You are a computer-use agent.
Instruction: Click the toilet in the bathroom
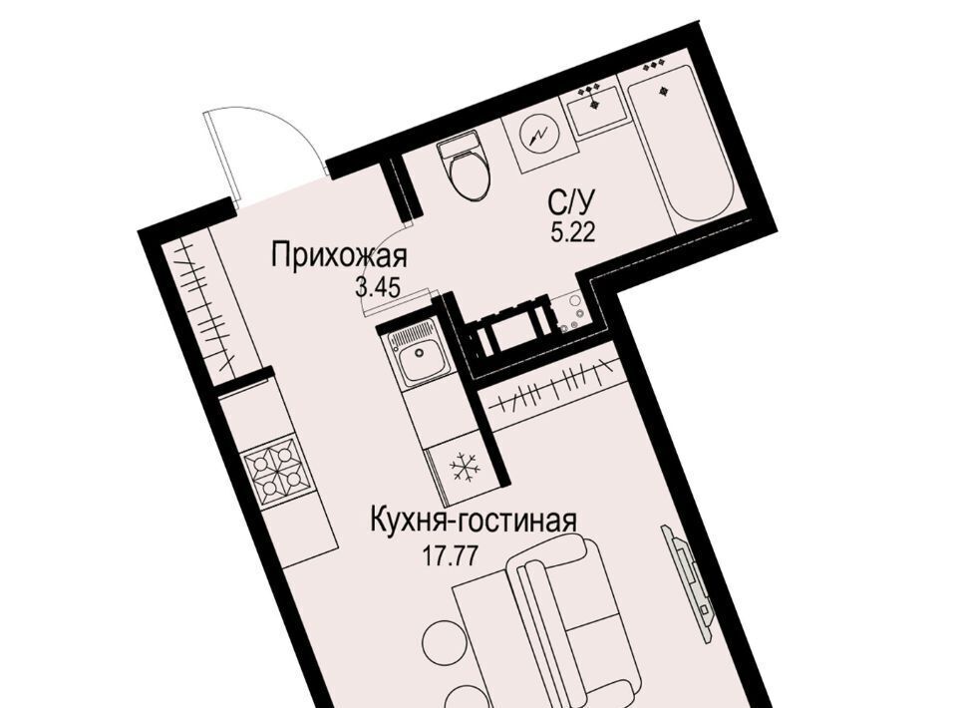click(467, 168)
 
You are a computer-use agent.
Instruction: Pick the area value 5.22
click(572, 232)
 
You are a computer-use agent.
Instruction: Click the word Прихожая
click(339, 255)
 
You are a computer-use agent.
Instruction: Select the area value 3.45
click(378, 287)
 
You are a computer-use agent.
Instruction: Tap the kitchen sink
click(418, 353)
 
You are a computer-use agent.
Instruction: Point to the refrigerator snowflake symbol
click(466, 468)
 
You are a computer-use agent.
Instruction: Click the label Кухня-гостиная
click(473, 522)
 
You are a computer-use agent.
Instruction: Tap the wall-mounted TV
click(687, 579)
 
